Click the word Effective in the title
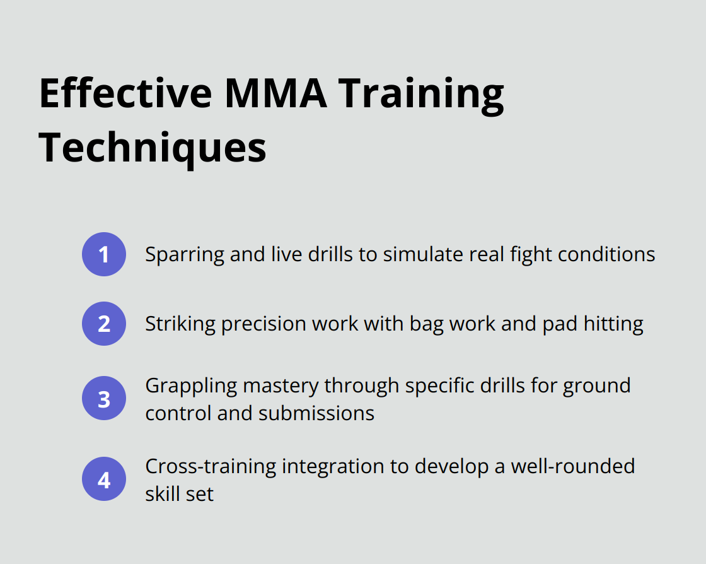point(125,93)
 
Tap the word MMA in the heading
point(275,93)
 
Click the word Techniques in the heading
point(153,147)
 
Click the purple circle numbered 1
point(104,254)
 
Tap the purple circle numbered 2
point(104,324)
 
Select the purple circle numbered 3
point(104,398)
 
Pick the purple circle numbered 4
point(104,479)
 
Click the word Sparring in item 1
point(185,256)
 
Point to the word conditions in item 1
point(606,254)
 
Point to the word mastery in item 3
point(281,387)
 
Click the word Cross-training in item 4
point(211,467)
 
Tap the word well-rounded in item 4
point(573,466)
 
